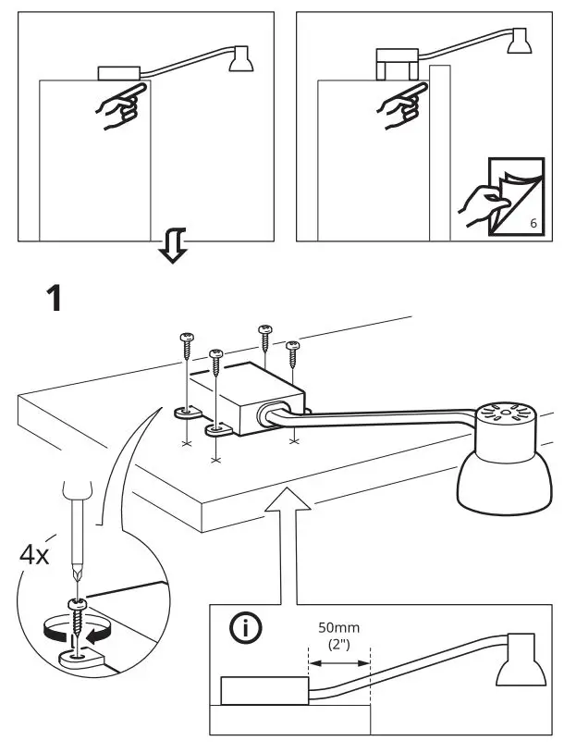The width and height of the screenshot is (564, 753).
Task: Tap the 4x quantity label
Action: (x=38, y=555)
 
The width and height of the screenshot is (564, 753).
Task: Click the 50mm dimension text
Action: (x=337, y=628)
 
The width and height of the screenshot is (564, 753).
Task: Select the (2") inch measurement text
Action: (x=337, y=645)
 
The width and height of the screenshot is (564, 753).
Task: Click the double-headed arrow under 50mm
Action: (x=337, y=663)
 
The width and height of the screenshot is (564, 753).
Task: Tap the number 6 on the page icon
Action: (x=533, y=225)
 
